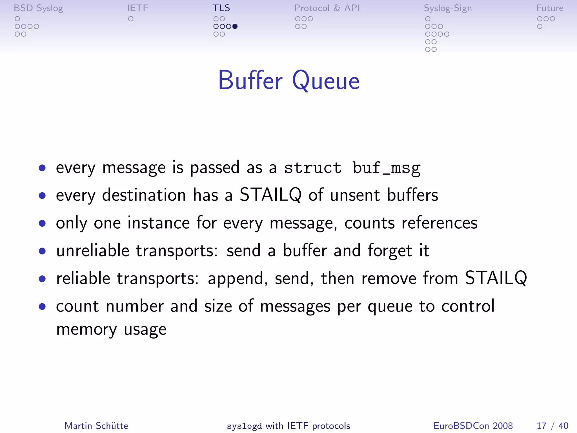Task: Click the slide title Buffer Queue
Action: tap(289, 81)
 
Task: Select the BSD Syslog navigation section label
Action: tap(38, 8)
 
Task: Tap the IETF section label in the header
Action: tap(137, 8)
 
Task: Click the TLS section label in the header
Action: tap(221, 8)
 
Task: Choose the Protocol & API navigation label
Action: tap(327, 8)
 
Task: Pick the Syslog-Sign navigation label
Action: tap(448, 8)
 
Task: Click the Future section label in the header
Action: tap(549, 8)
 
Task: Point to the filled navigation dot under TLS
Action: tap(235, 26)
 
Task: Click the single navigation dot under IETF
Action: tap(131, 19)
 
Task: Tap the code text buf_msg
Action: tap(387, 168)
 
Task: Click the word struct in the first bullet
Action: tap(313, 168)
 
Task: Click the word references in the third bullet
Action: tap(439, 223)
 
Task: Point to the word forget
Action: tap(390, 251)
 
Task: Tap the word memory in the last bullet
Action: tap(86, 329)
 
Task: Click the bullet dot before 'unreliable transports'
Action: tap(43, 251)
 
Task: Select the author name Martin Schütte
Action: tap(96, 426)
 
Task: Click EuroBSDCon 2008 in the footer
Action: tap(473, 426)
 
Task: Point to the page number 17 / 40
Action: tap(552, 426)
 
